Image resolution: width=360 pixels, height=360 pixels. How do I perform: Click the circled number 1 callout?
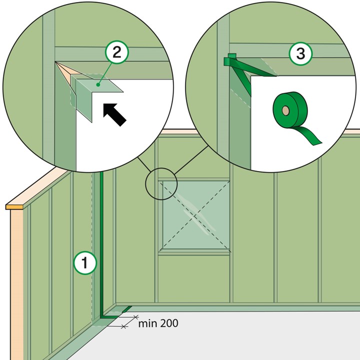pyautogui.click(x=85, y=263)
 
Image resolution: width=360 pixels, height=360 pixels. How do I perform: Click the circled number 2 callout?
pyautogui.click(x=117, y=52)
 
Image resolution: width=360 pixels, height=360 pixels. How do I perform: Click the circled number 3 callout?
pyautogui.click(x=300, y=53)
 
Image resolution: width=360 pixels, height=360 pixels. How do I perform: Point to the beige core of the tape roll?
pyautogui.click(x=286, y=110)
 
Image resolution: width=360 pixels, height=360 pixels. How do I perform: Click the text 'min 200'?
pyautogui.click(x=158, y=323)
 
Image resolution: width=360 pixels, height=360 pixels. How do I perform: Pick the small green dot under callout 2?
pyautogui.click(x=98, y=84)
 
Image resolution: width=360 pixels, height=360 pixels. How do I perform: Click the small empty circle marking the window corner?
pyautogui.click(x=161, y=183)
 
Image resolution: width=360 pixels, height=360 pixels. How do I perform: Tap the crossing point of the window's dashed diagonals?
pyautogui.click(x=195, y=215)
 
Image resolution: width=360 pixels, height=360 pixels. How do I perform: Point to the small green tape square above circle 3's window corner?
pyautogui.click(x=232, y=56)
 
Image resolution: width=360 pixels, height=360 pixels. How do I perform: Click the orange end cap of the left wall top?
pyautogui.click(x=14, y=206)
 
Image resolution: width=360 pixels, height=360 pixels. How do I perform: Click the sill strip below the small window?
pyautogui.click(x=194, y=253)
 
